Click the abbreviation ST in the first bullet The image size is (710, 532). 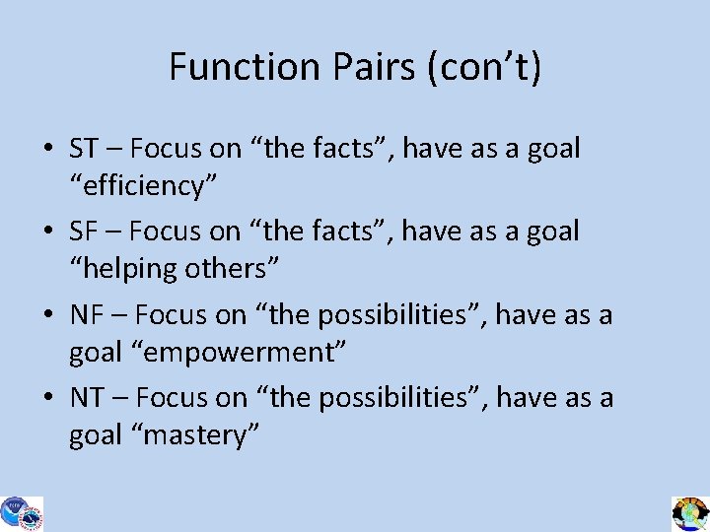(x=84, y=149)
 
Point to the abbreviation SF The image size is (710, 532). (x=83, y=232)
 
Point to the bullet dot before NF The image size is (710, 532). (x=47, y=316)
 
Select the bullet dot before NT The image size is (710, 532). (x=47, y=399)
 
